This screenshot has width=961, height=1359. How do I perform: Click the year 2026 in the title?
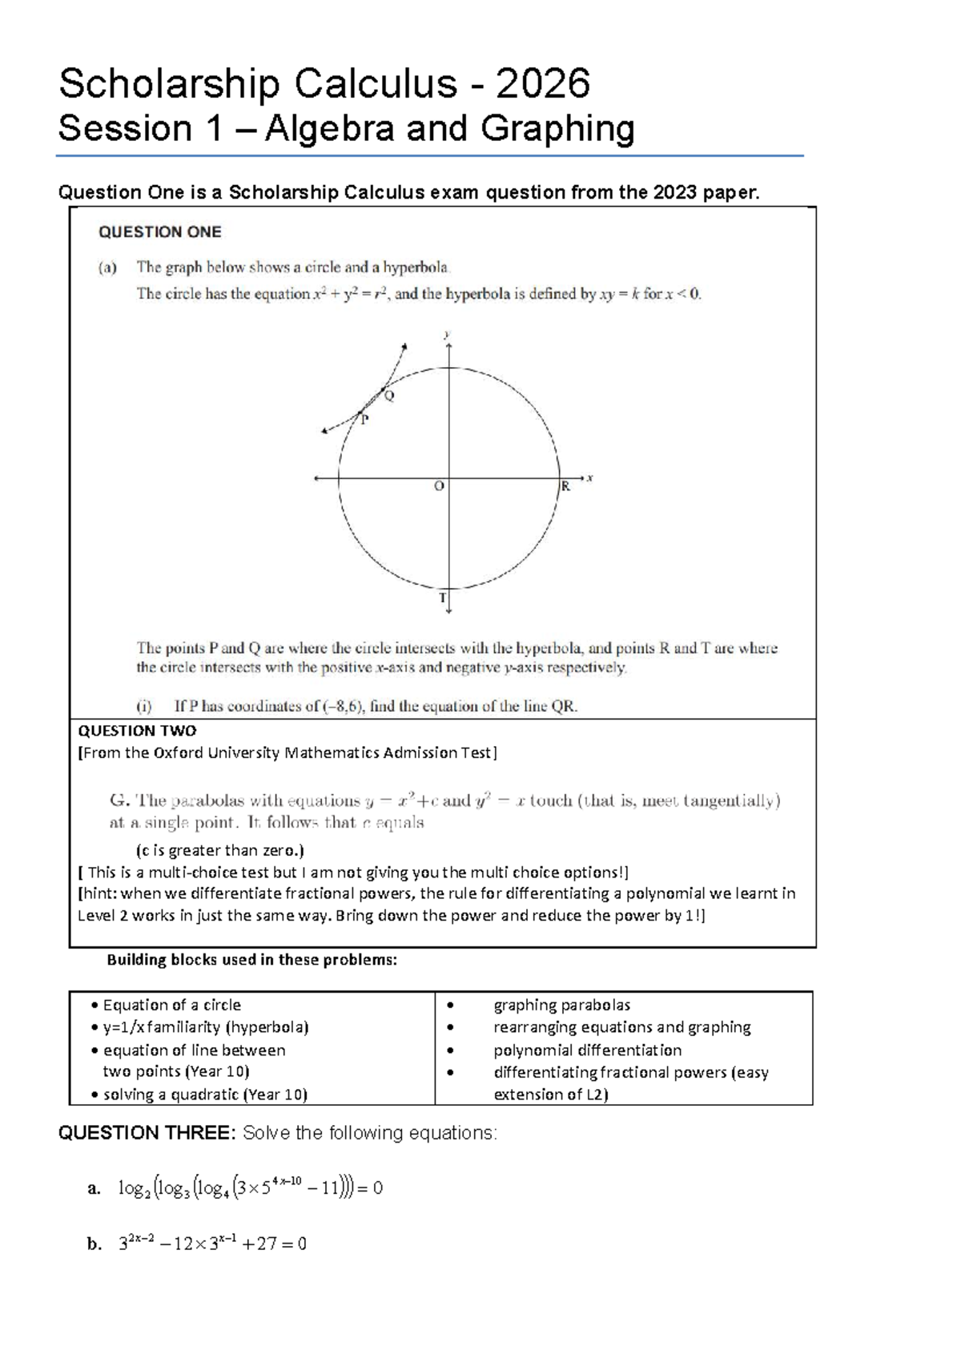click(x=543, y=83)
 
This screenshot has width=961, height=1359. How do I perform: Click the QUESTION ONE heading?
click(x=159, y=232)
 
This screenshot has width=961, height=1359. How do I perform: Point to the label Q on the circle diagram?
click(x=389, y=395)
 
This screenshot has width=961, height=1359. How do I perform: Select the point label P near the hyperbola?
click(x=364, y=420)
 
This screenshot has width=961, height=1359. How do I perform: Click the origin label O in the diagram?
click(x=438, y=486)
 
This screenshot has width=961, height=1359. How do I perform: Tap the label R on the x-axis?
click(x=565, y=486)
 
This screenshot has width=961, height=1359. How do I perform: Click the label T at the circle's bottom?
click(x=442, y=598)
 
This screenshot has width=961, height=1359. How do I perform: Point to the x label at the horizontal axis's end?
click(x=590, y=478)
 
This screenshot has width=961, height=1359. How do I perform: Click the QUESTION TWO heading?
click(x=137, y=731)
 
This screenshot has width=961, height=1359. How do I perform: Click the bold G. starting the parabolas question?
click(x=119, y=800)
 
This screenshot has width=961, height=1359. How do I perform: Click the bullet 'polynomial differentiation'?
click(x=587, y=1050)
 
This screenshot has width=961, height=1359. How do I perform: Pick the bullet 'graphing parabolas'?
click(x=561, y=1005)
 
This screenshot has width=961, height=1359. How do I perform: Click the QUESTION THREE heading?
click(x=147, y=1133)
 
